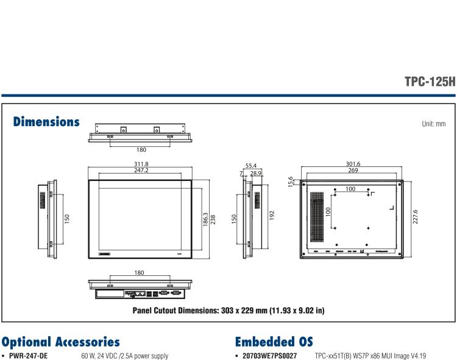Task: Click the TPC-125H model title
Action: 430,82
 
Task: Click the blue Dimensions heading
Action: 46,122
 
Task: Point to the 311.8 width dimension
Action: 141,164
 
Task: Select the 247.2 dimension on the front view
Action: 141,171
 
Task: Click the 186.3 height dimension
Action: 205,219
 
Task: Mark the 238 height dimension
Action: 213,219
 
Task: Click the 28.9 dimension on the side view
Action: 255,174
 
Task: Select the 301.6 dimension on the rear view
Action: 353,164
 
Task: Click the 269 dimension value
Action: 353,171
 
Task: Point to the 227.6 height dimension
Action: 416,217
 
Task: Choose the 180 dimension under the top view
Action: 141,149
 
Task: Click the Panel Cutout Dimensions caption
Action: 228,310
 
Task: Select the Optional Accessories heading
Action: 60,342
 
